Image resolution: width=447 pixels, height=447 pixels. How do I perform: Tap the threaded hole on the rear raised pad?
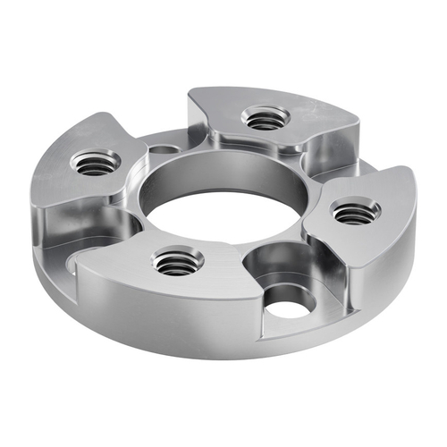(x=266, y=118)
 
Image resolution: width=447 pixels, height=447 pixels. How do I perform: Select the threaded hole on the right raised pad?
(x=356, y=211)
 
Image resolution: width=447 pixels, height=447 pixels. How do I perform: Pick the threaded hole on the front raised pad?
(x=178, y=261)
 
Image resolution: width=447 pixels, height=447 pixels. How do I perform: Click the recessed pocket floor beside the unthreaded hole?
(x=268, y=268)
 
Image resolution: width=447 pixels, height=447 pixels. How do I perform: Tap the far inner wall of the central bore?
(x=223, y=174)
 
